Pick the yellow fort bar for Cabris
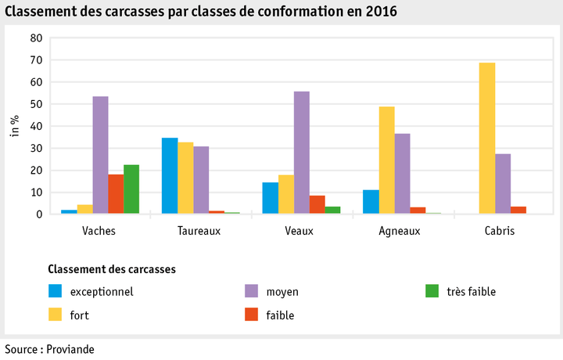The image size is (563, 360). pos(487,138)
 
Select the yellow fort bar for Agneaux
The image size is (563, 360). pos(387,160)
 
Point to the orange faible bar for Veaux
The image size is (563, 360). pos(317,205)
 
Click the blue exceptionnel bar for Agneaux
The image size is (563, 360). pos(371,202)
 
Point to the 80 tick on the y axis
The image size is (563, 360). pos(36,38)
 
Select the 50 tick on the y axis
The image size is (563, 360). pos(36,104)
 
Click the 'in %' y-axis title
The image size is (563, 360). pos(14,125)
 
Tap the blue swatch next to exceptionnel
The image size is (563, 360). pos(56,292)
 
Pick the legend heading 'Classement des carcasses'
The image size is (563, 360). pos(111,268)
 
